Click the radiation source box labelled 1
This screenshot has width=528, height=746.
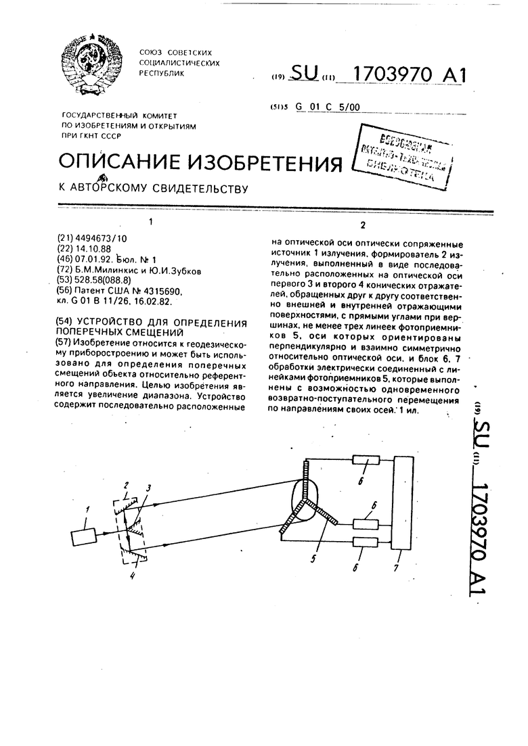84,538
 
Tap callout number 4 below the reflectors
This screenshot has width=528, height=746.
133,576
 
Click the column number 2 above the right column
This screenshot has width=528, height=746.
364,225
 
